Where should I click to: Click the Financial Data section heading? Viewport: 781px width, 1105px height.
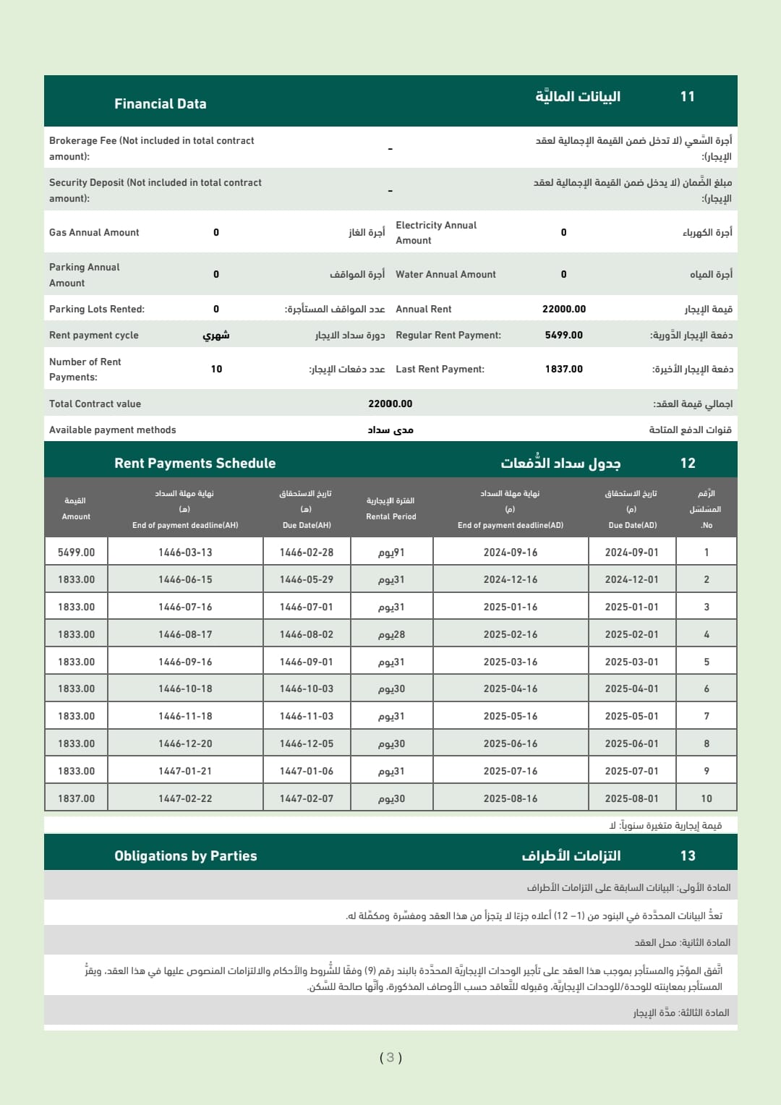[x=160, y=103]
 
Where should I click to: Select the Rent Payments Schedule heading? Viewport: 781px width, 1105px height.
[x=195, y=463]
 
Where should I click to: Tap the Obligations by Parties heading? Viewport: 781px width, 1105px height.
[x=185, y=856]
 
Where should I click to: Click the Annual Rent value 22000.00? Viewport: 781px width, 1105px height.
[x=564, y=309]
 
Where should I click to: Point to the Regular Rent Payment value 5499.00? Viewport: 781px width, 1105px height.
[x=564, y=335]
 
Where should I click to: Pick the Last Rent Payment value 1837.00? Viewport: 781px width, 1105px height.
[x=564, y=369]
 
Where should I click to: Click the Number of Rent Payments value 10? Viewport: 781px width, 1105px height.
[x=216, y=369]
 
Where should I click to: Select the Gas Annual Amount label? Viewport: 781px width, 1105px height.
[x=94, y=232]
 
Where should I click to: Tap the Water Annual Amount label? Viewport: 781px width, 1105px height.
[x=445, y=274]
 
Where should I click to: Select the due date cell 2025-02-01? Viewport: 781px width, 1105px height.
[x=632, y=634]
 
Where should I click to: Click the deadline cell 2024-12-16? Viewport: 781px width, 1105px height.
[x=511, y=579]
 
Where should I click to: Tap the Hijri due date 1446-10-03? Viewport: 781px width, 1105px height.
[x=307, y=688]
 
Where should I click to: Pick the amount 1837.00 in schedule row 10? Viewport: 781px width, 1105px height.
[x=76, y=798]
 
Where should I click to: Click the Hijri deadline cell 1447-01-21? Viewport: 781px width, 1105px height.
[x=185, y=771]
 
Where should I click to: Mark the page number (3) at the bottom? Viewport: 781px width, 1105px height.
[x=390, y=1057]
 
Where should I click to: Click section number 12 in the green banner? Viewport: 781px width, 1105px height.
[x=688, y=463]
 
